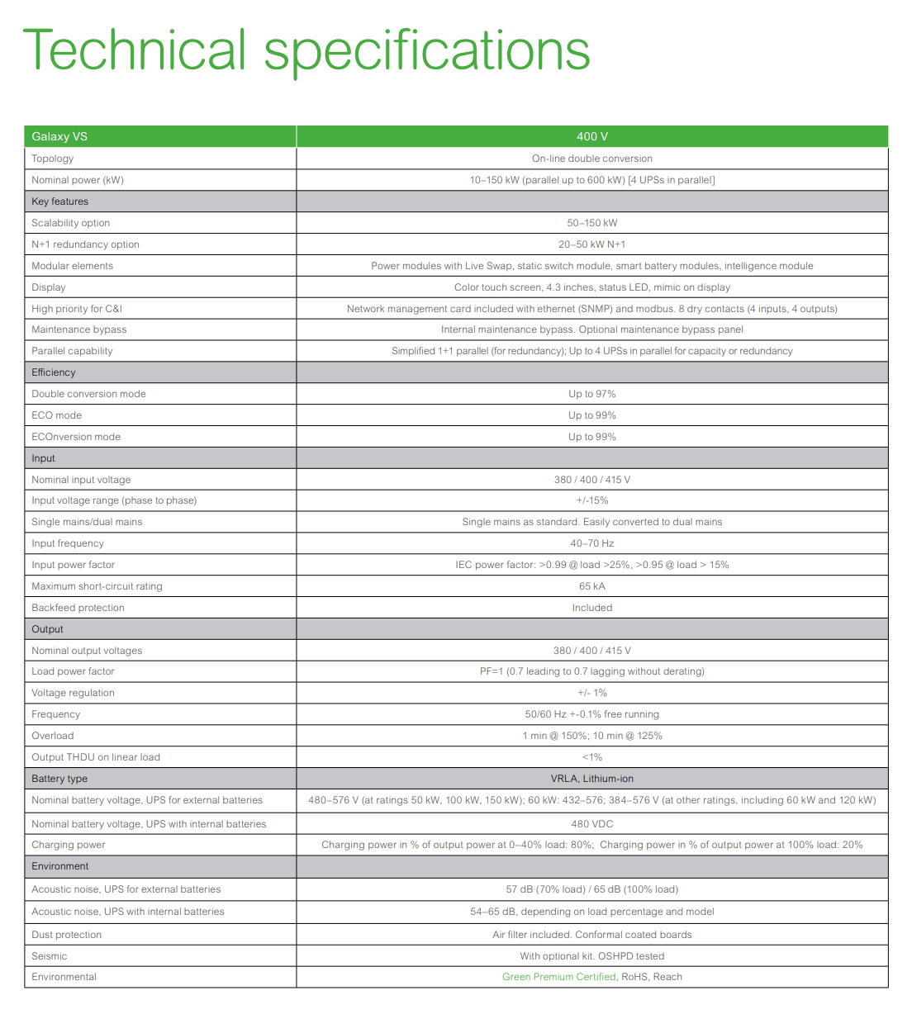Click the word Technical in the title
click(x=135, y=50)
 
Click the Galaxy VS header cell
click(x=59, y=137)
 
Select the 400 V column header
click(x=591, y=137)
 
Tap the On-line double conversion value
click(x=591, y=159)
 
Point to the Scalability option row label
click(x=70, y=223)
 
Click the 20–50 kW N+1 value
click(x=591, y=244)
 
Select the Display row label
click(x=49, y=287)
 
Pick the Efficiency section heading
click(x=54, y=372)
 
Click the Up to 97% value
click(x=591, y=394)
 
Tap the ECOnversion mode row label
click(x=76, y=437)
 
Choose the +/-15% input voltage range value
click(x=591, y=500)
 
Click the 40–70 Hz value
click(x=591, y=543)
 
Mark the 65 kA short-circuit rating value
click(x=591, y=586)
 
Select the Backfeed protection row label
click(x=78, y=608)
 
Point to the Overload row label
click(x=53, y=736)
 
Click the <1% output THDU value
click(x=591, y=757)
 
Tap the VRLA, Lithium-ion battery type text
click(x=591, y=779)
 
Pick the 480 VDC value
click(x=591, y=824)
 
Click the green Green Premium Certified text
click(x=558, y=977)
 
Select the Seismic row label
click(x=50, y=956)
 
